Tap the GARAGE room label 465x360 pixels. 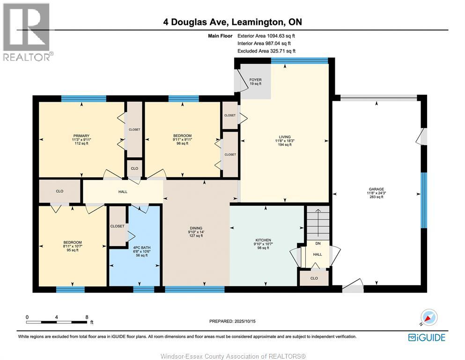tap(376, 189)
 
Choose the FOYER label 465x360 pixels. tap(255, 80)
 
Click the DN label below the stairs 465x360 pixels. tap(317, 243)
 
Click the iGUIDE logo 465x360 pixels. tap(427, 337)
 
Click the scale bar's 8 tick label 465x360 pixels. tap(86, 317)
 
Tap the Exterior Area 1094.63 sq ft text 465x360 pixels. tap(266, 36)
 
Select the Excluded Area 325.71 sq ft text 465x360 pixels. tap(266, 51)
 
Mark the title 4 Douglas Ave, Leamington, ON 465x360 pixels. tap(232, 22)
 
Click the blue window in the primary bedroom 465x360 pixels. tap(83, 98)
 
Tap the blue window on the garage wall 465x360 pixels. tap(424, 200)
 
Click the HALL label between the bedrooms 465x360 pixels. tap(123, 191)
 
